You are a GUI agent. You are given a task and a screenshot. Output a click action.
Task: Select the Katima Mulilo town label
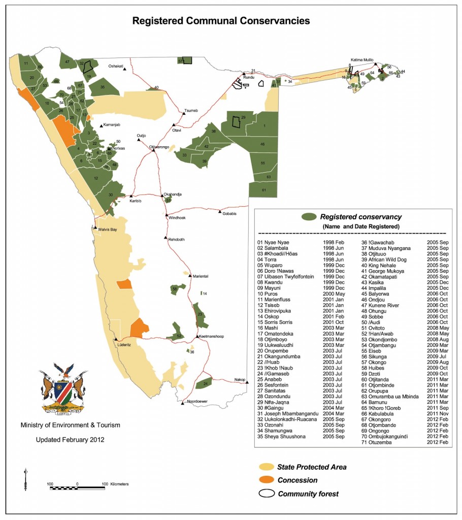pyautogui.click(x=362, y=59)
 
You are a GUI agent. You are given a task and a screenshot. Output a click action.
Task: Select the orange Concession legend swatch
pyautogui.click(x=266, y=480)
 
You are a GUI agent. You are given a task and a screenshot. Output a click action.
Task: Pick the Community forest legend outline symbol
pyautogui.click(x=266, y=493)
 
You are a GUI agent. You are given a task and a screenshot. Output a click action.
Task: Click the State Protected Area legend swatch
pyautogui.click(x=266, y=467)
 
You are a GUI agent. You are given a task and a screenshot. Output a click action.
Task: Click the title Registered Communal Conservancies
pyautogui.click(x=221, y=21)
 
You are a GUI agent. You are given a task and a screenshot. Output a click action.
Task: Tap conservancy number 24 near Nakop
pyautogui.click(x=205, y=384)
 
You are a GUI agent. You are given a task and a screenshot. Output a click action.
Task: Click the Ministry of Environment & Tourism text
pyautogui.click(x=70, y=425)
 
